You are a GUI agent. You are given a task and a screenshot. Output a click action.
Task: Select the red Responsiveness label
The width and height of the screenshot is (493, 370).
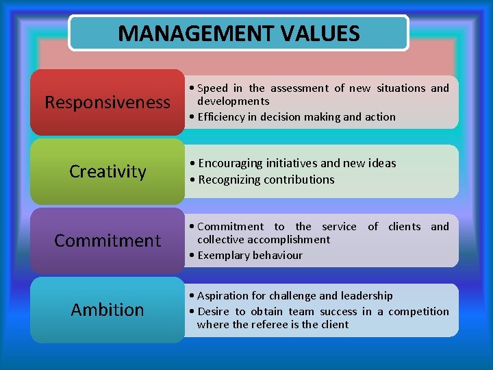coord(108,103)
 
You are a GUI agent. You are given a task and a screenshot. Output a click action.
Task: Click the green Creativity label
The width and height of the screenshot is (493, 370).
coord(108,171)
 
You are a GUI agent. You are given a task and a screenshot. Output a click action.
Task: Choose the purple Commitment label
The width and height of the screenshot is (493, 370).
coord(108,241)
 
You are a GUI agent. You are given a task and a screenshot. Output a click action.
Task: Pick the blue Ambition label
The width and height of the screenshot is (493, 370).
coord(108,310)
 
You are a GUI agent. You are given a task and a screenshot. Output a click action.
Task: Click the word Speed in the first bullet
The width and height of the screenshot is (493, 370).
coord(213,88)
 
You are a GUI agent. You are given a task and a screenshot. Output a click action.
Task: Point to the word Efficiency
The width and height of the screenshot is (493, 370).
coord(222,116)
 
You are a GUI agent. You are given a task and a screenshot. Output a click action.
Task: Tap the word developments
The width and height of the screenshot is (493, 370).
coord(233,101)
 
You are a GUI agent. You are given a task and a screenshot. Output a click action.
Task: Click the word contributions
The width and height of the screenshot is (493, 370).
coord(299,180)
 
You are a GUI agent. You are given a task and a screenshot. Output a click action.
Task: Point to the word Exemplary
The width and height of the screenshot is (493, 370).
coord(222,255)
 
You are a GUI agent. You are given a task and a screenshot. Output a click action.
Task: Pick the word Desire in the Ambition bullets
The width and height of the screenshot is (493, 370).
coord(214,311)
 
